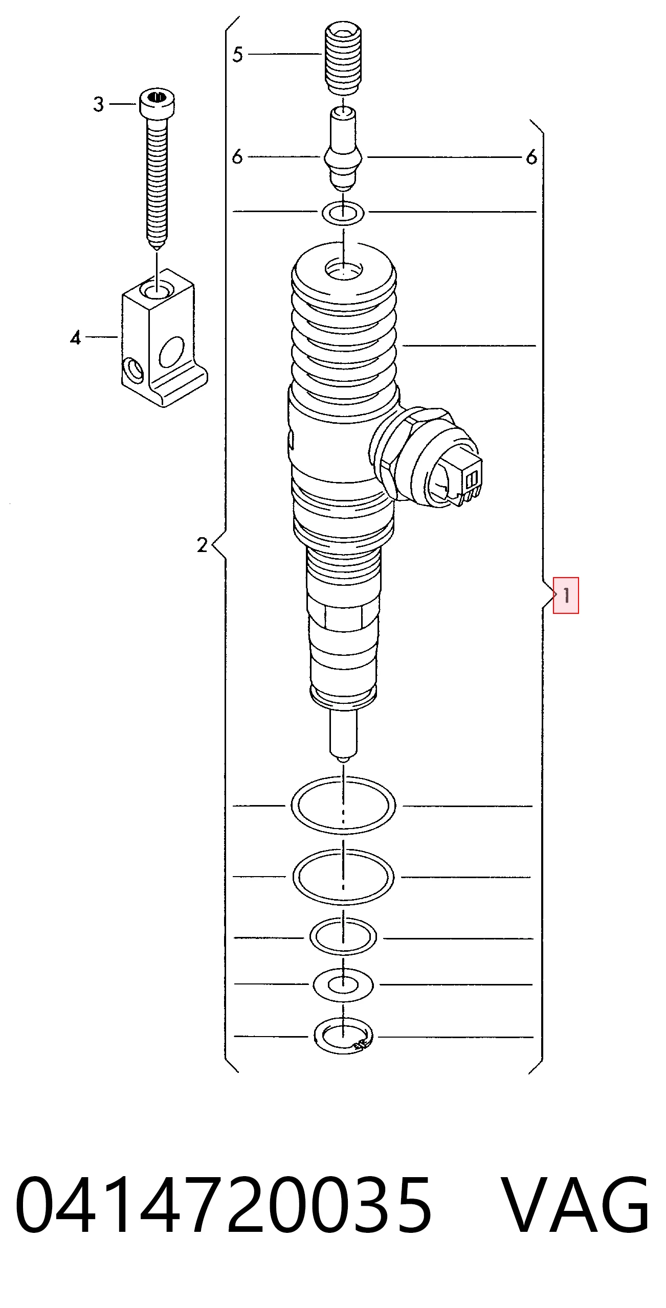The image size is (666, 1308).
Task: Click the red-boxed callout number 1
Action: (x=566, y=595)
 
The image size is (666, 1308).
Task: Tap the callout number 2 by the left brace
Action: (x=203, y=545)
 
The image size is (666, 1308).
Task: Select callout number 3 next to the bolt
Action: (x=99, y=104)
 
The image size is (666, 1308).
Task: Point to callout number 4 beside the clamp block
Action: (x=76, y=337)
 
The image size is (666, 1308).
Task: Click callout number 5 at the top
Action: (x=237, y=54)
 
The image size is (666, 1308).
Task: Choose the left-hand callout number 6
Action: (x=237, y=156)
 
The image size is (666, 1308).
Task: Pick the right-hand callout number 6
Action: (x=532, y=156)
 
